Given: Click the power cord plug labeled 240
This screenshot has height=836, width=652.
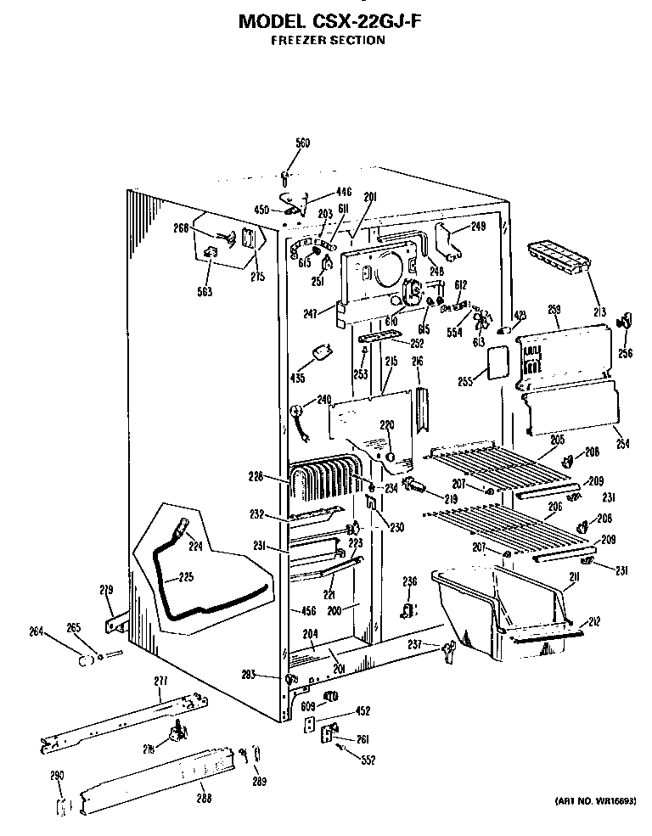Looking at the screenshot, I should point(297,414).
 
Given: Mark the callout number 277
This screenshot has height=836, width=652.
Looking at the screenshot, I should point(160,682).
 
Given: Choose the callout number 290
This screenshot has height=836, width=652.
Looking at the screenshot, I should point(57,775).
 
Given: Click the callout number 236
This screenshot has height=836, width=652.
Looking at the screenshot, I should point(409,581).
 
